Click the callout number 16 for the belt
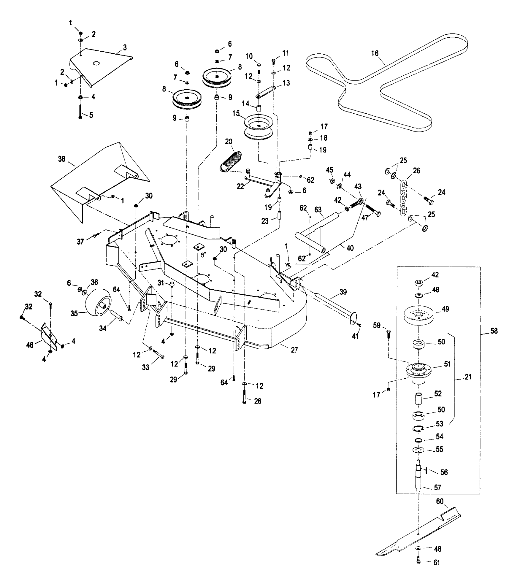coord(375,53)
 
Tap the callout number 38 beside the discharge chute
coord(61,159)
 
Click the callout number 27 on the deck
coord(294,350)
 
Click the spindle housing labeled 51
coord(418,371)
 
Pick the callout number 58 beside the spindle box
coord(494,331)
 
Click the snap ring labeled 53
coord(418,428)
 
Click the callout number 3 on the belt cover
coord(125,47)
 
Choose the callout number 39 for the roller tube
coord(343,292)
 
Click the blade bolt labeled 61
coord(418,562)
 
